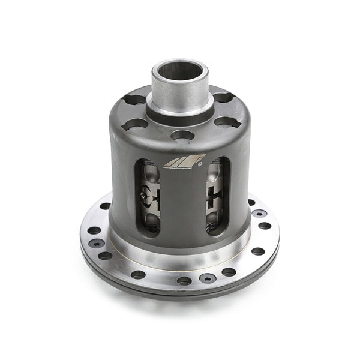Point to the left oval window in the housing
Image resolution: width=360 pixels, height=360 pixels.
[146, 197]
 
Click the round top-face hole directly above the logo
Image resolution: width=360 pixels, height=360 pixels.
[182, 135]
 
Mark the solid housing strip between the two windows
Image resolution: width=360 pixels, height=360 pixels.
[182, 201]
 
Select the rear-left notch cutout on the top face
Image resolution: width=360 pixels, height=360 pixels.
[134, 99]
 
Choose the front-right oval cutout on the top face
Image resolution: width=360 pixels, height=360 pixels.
[227, 122]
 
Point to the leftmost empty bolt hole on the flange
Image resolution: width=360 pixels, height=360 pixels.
[93, 230]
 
